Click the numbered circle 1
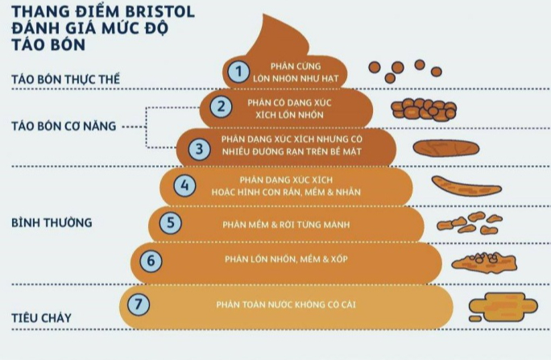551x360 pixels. [237, 71]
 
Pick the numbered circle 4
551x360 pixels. [185, 186]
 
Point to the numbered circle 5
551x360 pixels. [169, 222]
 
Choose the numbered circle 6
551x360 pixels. [150, 260]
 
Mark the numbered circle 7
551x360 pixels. [140, 304]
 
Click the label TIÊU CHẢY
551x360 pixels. [42, 317]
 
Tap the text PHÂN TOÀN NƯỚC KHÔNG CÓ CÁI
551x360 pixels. [286, 304]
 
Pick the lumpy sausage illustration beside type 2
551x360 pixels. [425, 107]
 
